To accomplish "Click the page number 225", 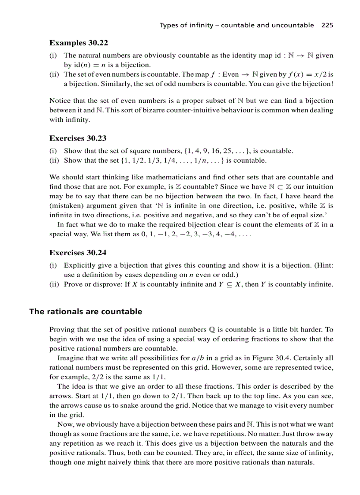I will tap(327, 25).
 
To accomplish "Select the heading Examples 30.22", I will tap(79, 43).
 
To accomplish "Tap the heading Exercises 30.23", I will tap(78, 138).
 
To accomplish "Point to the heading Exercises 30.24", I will tap(78, 253).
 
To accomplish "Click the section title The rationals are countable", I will tap(86, 312).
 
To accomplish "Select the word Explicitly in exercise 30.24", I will tap(79, 265).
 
